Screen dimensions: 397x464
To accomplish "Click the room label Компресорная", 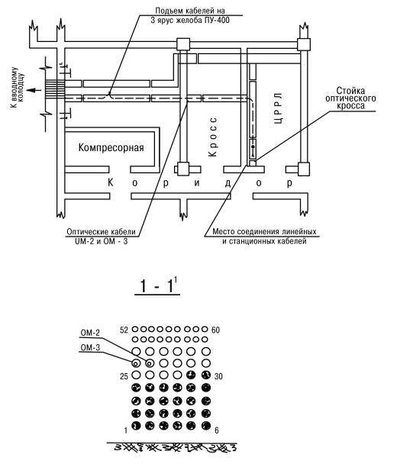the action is tap(111, 147).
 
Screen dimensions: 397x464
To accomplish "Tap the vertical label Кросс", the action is tap(213, 137).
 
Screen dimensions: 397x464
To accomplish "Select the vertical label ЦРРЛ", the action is tap(279, 108).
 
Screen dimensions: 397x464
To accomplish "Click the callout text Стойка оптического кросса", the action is tap(350, 98).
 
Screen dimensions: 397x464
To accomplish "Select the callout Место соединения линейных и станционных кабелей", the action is tap(264, 236).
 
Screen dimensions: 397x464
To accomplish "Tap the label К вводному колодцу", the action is tap(18, 87).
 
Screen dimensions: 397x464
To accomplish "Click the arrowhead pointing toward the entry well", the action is tap(30, 90).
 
